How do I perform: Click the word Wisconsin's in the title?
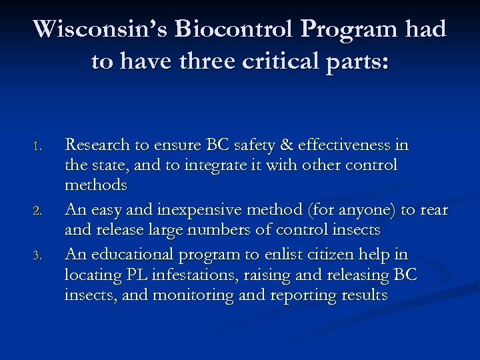tap(101, 30)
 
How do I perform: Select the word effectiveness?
tap(344, 145)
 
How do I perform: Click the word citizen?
tap(335, 255)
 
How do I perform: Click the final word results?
tap(360, 294)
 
